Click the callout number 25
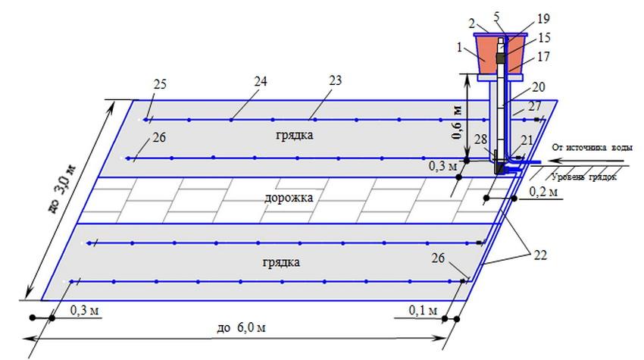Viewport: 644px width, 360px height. (x=160, y=84)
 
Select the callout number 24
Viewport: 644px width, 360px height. (x=261, y=81)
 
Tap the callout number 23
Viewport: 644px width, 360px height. (x=335, y=80)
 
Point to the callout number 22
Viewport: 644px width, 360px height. (x=540, y=255)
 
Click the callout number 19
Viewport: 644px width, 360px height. (x=543, y=18)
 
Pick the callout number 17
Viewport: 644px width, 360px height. (x=543, y=56)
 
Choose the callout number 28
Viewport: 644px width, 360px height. (x=480, y=139)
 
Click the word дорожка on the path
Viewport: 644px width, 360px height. (x=289, y=198)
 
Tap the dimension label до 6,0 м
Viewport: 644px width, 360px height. (x=241, y=327)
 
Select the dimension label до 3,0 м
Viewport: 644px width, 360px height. (x=61, y=189)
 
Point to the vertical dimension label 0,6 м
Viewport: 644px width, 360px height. (x=457, y=123)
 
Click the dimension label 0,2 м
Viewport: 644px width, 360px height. (x=543, y=192)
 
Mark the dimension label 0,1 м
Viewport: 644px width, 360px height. (x=423, y=310)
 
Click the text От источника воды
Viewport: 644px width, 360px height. (x=592, y=148)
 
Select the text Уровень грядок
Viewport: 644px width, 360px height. (x=584, y=177)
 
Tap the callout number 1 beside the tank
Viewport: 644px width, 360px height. (x=460, y=48)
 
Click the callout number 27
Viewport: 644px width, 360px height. (x=534, y=106)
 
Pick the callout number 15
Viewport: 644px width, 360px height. (x=544, y=38)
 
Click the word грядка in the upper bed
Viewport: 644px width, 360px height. (x=295, y=135)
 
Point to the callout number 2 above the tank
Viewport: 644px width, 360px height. (x=472, y=23)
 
